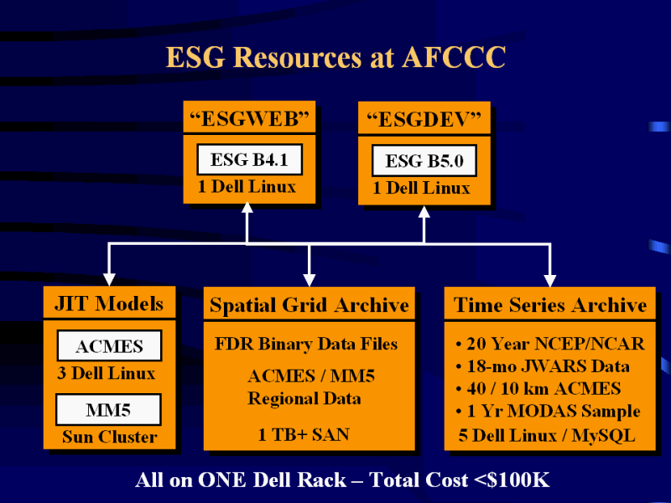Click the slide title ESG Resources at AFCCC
pos(335,57)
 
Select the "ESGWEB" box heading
pos(249,118)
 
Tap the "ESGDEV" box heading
pos(424,119)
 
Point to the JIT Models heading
pos(109,303)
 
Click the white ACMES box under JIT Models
pos(109,346)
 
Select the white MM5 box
pos(109,410)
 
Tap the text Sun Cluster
pos(109,437)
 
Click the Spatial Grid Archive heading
pos(309,304)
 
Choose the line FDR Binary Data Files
pos(306,344)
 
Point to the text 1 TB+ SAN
pos(304,433)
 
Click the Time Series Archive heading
pos(550,304)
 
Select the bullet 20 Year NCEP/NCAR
pos(549,344)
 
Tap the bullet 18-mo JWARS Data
pos(542,366)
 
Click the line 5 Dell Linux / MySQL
pos(546,435)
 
